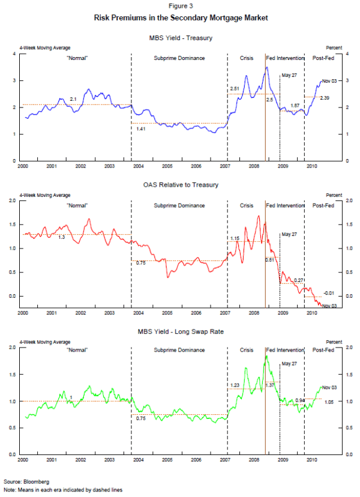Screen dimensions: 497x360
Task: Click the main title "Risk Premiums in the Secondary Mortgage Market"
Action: click(181, 18)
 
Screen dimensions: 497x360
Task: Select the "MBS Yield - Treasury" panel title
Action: click(181, 38)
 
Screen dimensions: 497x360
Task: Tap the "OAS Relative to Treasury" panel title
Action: click(181, 184)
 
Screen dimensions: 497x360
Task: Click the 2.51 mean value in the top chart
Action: click(235, 89)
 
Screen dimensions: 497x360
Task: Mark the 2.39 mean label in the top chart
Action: click(325, 98)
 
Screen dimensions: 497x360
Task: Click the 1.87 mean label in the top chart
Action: click(295, 106)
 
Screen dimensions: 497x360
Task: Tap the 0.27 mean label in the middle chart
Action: click(298, 280)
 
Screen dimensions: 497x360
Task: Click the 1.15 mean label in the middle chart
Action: click(235, 239)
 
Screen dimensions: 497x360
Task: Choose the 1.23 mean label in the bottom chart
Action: click(235, 385)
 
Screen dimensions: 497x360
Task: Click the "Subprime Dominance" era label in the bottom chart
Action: click(179, 349)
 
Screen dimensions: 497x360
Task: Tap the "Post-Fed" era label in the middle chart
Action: click(324, 205)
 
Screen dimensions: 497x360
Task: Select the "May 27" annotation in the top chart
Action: click(289, 76)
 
